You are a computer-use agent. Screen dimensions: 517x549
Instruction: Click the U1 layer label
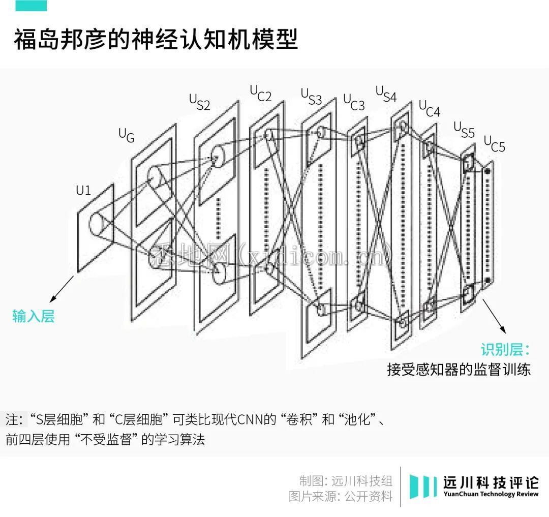[x=83, y=191]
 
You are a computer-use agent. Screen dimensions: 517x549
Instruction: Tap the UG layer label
[x=127, y=135]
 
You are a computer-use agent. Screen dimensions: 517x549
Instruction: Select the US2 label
[x=200, y=102]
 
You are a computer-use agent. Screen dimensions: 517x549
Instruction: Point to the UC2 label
[x=260, y=94]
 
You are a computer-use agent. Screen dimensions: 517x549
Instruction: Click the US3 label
[x=311, y=97]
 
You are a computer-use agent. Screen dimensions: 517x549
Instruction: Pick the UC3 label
[x=354, y=102]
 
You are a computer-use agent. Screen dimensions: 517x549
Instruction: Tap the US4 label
[x=386, y=94]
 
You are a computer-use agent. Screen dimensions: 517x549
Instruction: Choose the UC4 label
[x=430, y=108]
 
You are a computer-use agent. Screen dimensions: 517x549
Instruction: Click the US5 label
[x=464, y=129]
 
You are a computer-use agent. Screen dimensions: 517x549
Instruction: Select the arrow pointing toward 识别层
[x=493, y=315]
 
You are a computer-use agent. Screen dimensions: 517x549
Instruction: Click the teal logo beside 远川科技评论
[x=423, y=486]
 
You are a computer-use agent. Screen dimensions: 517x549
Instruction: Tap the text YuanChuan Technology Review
[x=491, y=495]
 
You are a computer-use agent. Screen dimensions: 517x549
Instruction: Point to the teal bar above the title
[x=31, y=6]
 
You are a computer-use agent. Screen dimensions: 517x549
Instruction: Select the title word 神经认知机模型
[x=229, y=40]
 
